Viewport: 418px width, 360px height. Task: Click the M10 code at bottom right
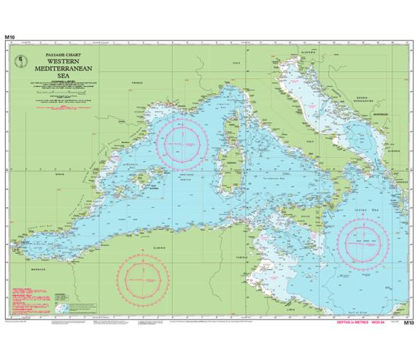(407, 323)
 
